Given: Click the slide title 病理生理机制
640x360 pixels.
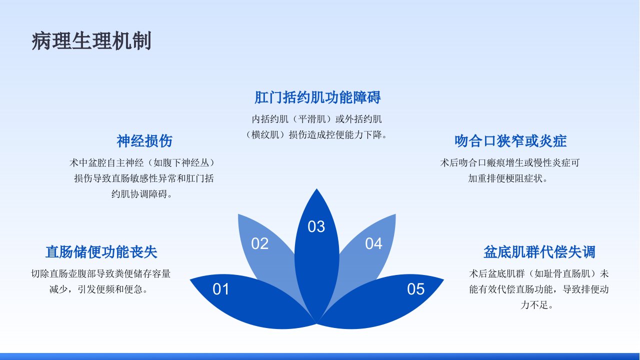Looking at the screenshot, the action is click(91, 41).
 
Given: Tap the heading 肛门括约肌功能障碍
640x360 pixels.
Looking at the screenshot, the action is click(317, 97).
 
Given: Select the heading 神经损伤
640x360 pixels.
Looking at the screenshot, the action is click(144, 141).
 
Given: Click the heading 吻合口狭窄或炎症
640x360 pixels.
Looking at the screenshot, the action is click(510, 141).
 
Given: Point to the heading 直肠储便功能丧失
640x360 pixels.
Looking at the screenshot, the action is click(101, 252).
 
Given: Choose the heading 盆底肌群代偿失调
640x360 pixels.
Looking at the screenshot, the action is click(539, 252).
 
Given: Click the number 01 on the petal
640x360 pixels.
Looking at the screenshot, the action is click(221, 289).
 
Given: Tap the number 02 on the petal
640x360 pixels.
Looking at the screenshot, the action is click(259, 243).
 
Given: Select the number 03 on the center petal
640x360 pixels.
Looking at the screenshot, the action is click(316, 226).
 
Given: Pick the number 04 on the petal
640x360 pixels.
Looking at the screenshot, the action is click(373, 243).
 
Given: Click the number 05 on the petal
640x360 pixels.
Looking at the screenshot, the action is click(415, 289).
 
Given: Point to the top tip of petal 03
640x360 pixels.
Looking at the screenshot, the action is click(316, 189).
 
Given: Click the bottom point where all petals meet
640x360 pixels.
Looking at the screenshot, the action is click(317, 323).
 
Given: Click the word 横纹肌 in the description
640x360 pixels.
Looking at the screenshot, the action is click(265, 134).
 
